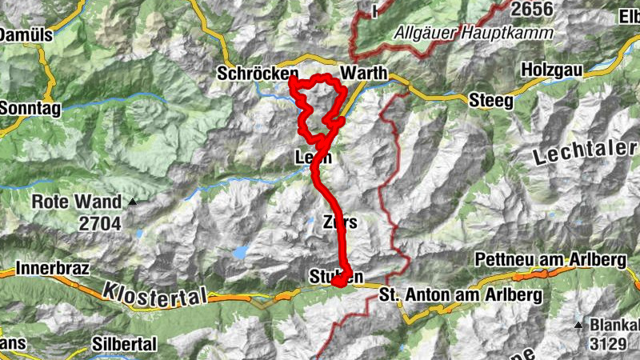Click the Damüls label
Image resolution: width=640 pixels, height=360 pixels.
(26, 35)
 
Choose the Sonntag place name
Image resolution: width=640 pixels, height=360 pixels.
(30, 106)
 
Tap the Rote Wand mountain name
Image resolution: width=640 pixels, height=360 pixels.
(77, 203)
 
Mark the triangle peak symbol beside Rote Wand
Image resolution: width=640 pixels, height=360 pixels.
(133, 202)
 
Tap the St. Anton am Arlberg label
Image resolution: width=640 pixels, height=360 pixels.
(461, 295)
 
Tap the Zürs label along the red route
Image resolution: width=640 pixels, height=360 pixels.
(340, 222)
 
